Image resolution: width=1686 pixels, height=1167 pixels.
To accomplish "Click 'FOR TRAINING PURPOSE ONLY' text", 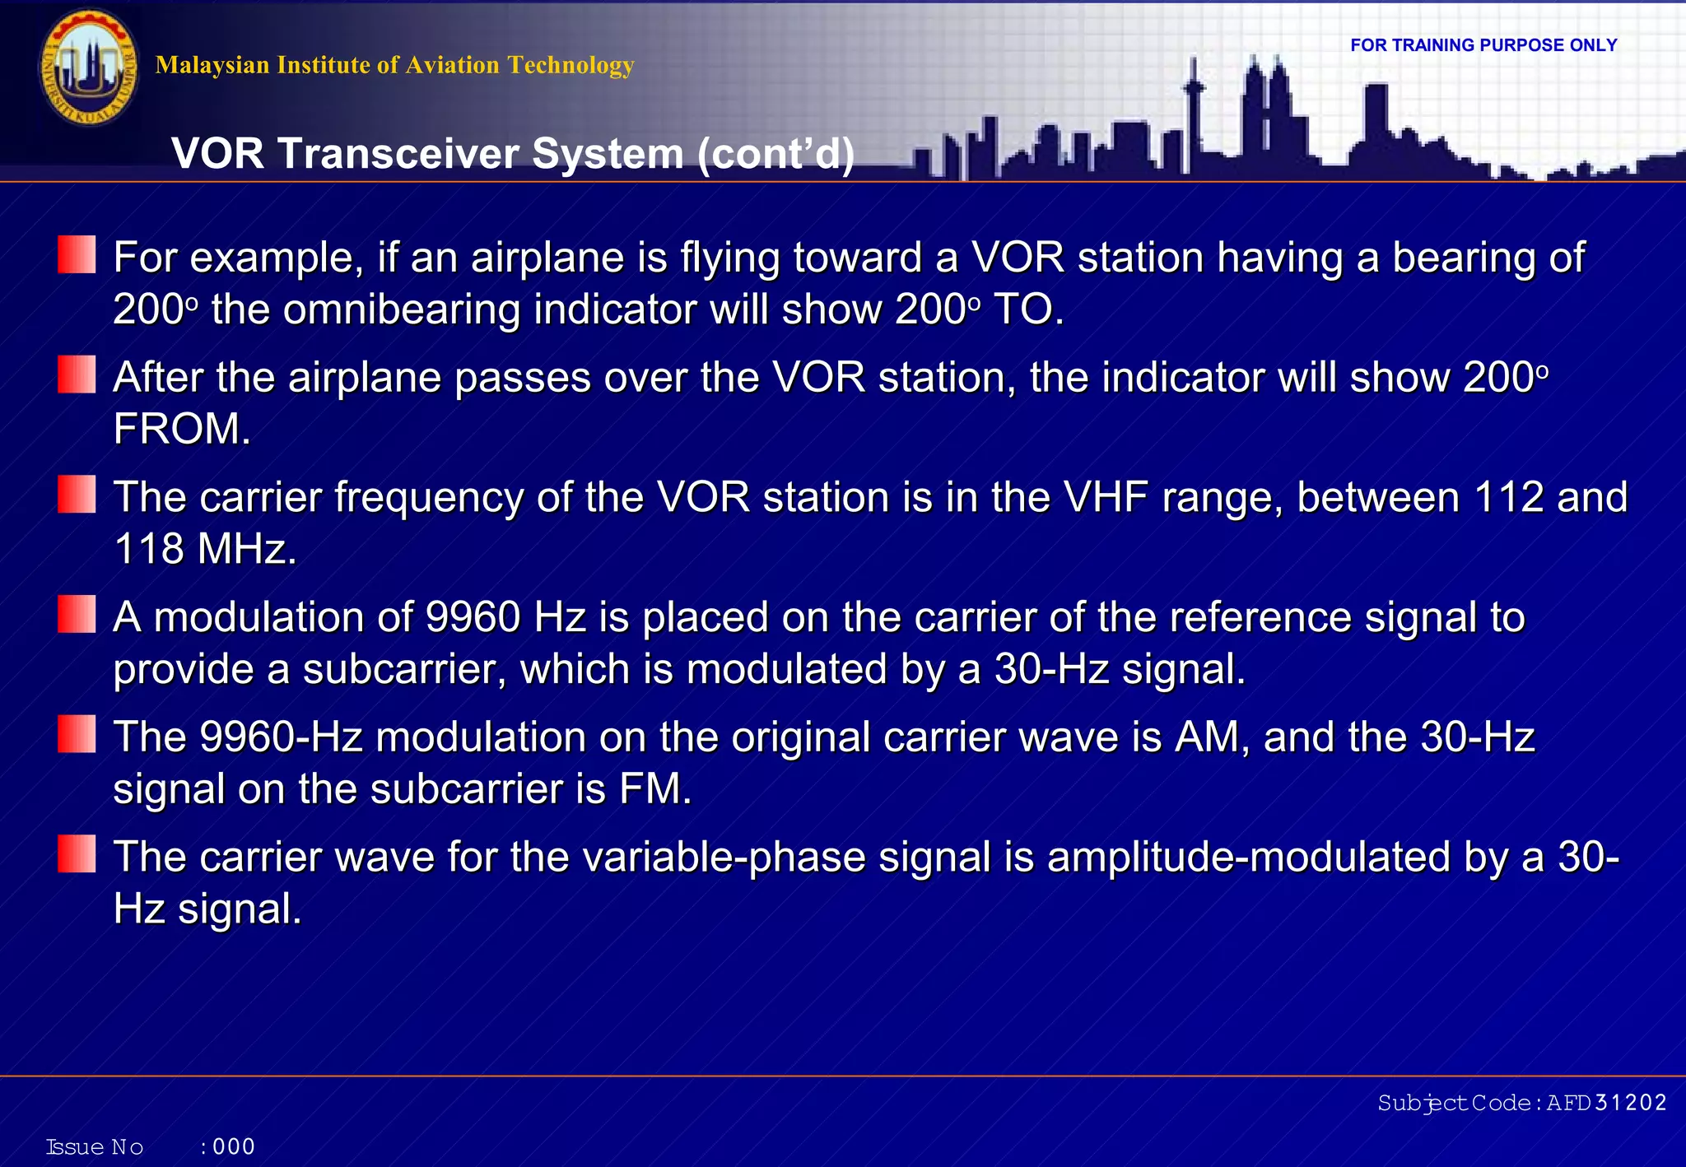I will [1483, 45].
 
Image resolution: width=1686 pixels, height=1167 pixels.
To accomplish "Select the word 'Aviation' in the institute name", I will [451, 65].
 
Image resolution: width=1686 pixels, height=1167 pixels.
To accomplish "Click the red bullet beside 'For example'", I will [77, 255].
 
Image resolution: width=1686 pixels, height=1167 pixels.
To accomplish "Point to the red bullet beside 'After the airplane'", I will [77, 375].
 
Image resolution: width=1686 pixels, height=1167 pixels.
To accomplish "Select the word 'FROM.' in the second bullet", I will [182, 430].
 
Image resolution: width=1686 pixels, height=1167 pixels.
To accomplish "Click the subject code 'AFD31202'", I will [1605, 1103].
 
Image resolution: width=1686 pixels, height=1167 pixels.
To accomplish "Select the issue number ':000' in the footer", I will [228, 1146].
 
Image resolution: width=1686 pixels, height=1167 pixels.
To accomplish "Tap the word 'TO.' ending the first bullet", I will [1028, 310].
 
